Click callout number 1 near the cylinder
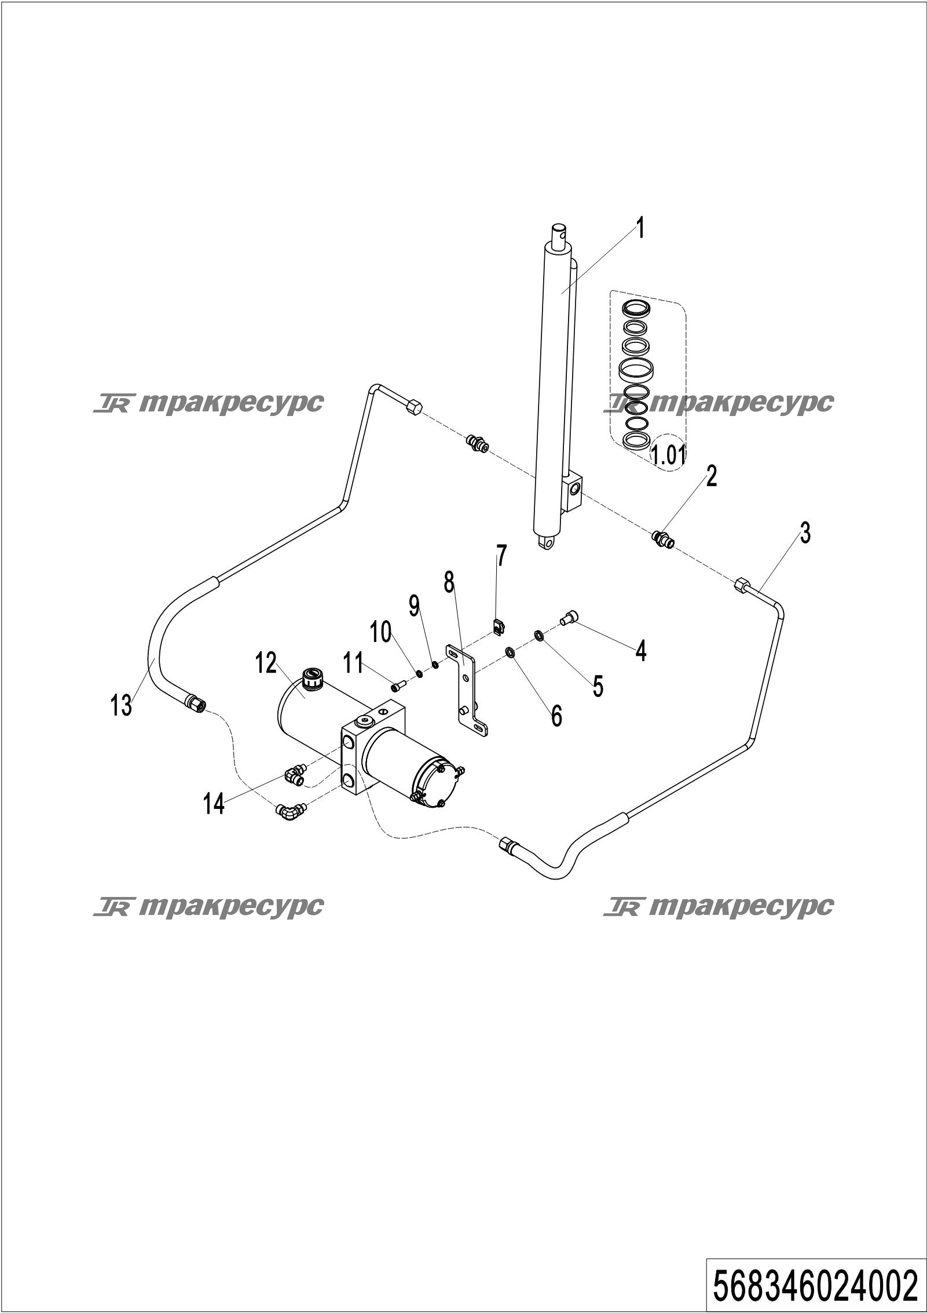click(639, 229)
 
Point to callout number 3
click(805, 533)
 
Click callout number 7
click(501, 556)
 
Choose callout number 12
click(266, 663)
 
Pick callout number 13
click(122, 706)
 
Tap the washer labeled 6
click(511, 652)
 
